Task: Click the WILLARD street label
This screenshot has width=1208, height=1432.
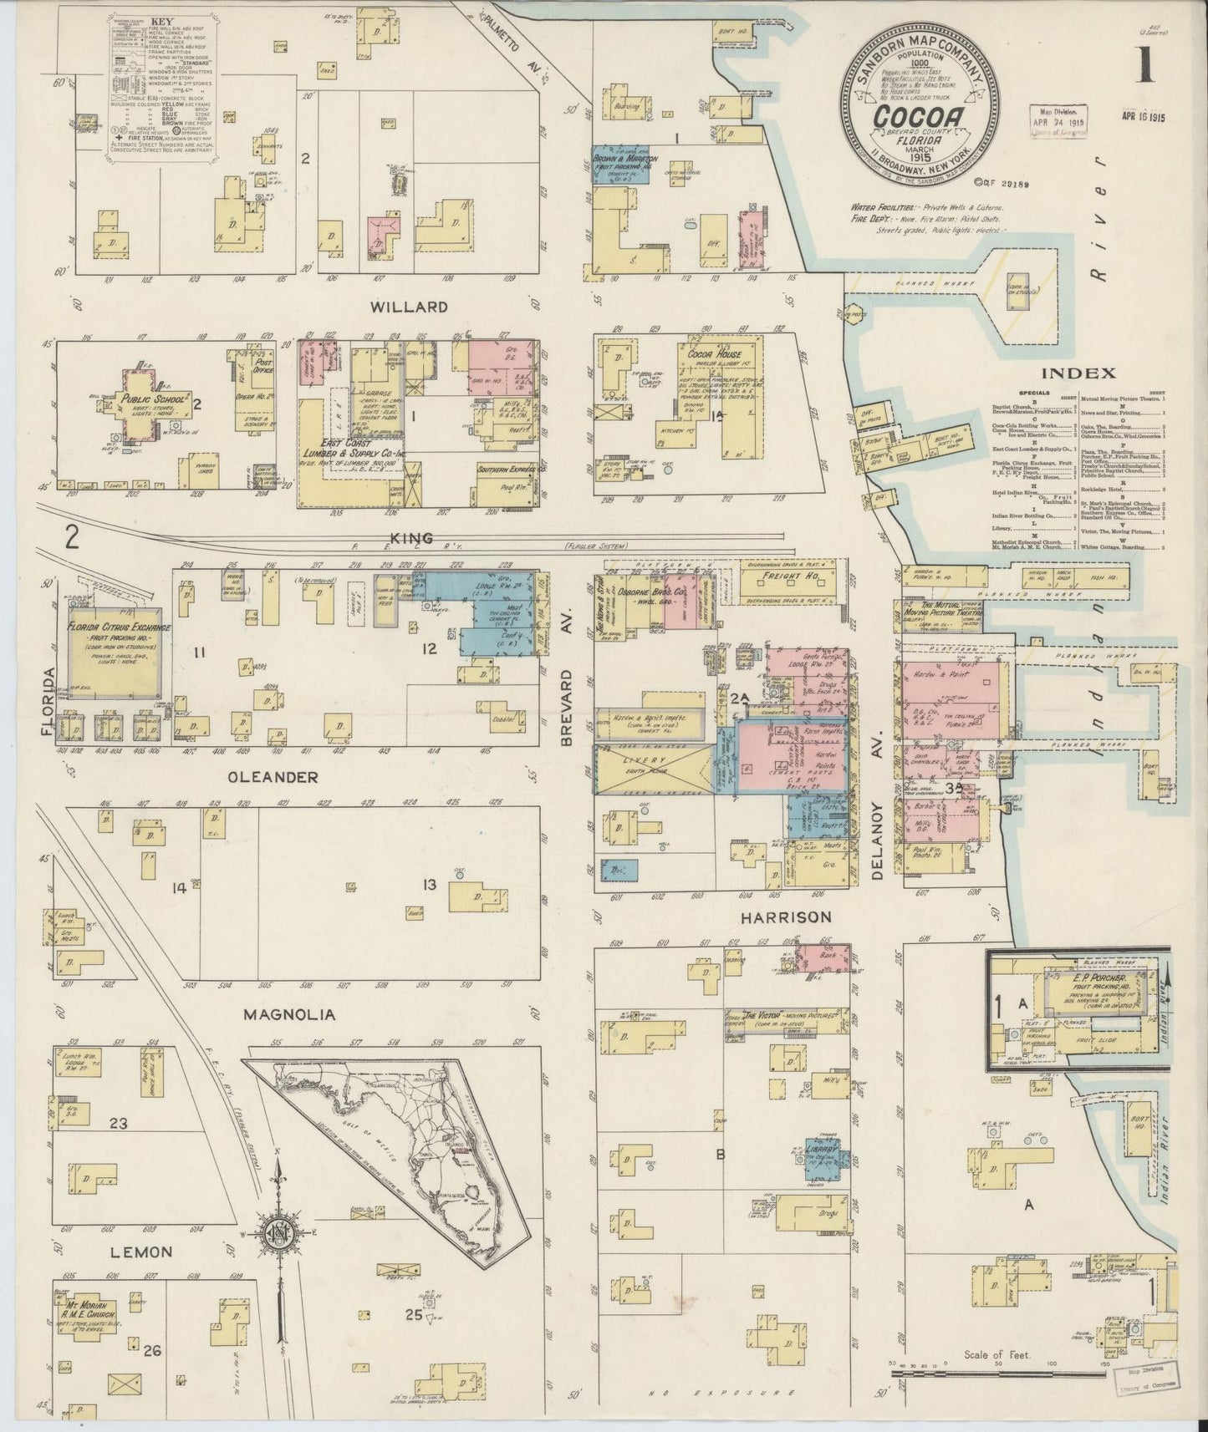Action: point(409,307)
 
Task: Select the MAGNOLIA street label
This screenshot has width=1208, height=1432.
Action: point(290,1015)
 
